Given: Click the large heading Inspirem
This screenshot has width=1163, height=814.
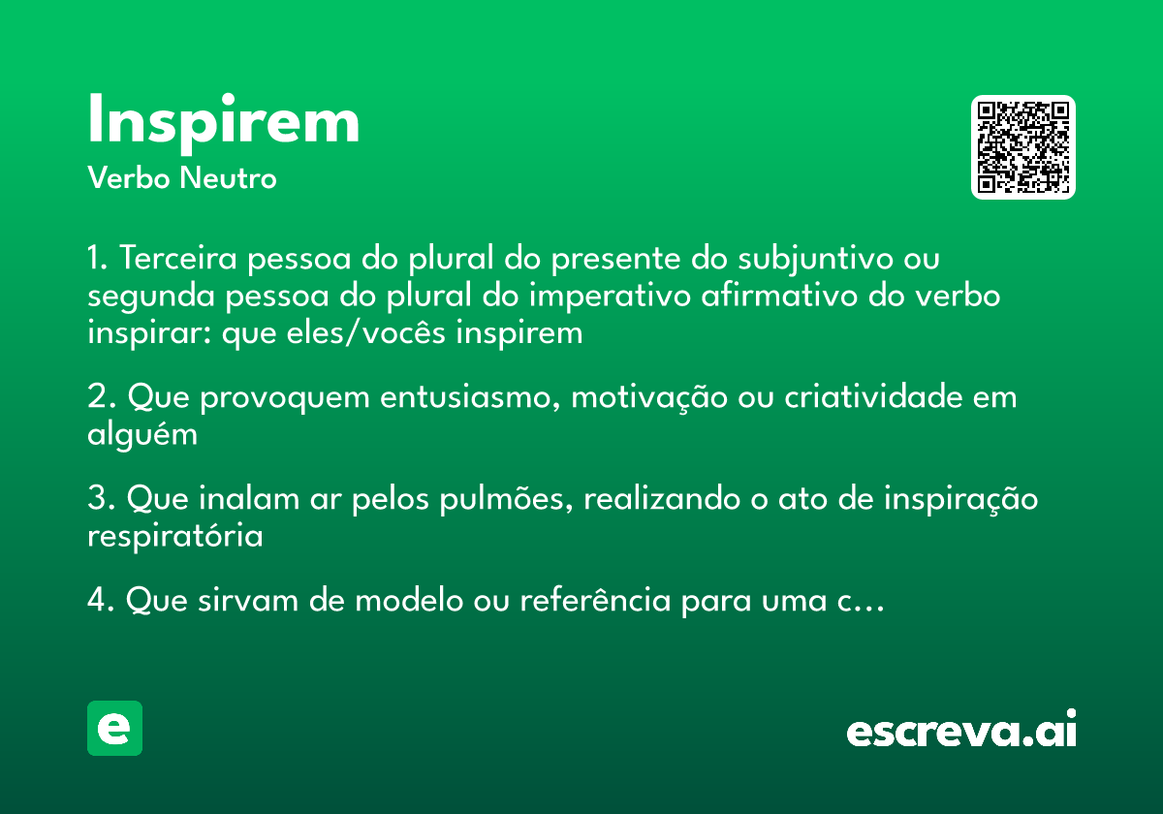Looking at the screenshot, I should click(x=223, y=122).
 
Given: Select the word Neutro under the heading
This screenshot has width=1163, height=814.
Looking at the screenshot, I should click(x=228, y=178).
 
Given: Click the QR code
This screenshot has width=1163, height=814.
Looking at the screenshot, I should click(x=1023, y=147).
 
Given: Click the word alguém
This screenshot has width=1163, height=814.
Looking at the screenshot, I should click(x=142, y=434).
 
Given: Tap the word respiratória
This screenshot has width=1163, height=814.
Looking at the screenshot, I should click(x=174, y=536).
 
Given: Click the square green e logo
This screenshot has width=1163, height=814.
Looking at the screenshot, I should click(x=114, y=728).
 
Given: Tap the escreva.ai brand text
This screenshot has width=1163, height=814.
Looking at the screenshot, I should click(x=961, y=731).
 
